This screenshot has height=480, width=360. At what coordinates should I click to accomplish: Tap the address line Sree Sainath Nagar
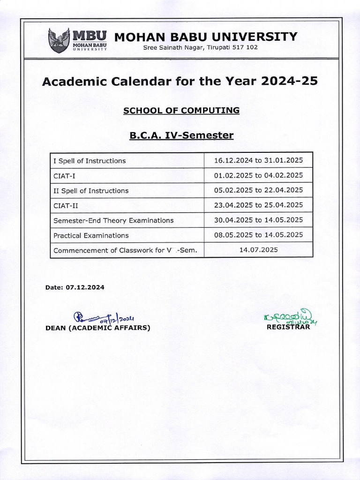200,47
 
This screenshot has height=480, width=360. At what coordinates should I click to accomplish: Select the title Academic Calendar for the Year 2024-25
180,81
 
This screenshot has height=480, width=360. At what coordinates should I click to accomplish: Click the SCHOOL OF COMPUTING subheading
181,111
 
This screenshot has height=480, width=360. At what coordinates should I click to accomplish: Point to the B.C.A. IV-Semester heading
181,135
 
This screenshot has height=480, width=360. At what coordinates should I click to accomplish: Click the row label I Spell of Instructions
90,161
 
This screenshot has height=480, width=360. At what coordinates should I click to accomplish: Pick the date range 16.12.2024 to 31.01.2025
258,160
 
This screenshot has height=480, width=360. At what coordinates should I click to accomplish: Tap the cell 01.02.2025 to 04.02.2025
258,175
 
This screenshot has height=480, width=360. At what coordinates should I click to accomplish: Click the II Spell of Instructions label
91,191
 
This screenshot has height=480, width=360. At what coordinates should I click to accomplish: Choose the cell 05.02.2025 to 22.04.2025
258,190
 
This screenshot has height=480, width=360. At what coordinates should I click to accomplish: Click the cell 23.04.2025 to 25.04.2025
258,205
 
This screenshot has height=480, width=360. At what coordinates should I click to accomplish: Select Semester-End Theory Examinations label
113,220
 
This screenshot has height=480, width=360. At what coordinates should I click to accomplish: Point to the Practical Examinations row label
91,235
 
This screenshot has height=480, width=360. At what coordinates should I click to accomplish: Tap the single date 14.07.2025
258,250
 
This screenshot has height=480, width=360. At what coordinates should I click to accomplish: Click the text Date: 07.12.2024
75,287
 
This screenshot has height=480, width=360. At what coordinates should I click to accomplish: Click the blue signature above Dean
101,318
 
